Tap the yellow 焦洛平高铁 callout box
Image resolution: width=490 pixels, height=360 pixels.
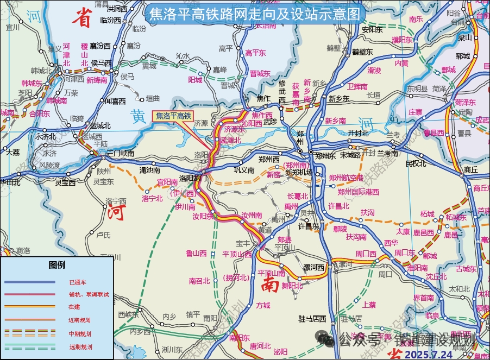(173, 116)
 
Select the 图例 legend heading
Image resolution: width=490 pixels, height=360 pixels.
(57, 265)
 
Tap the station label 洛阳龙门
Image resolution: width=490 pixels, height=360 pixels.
(193, 178)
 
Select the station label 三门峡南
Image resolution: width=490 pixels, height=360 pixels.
(120, 154)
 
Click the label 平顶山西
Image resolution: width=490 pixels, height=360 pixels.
(237, 253)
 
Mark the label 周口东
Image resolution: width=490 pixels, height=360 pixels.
(404, 252)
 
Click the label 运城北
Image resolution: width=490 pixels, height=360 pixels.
(100, 125)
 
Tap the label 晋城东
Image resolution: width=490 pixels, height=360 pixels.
(260, 74)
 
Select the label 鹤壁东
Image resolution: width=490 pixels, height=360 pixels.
(362, 52)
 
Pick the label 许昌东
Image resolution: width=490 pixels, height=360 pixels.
(308, 226)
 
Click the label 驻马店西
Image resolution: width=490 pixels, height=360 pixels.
(315, 318)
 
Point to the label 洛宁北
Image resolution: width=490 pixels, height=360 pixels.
(152, 199)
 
